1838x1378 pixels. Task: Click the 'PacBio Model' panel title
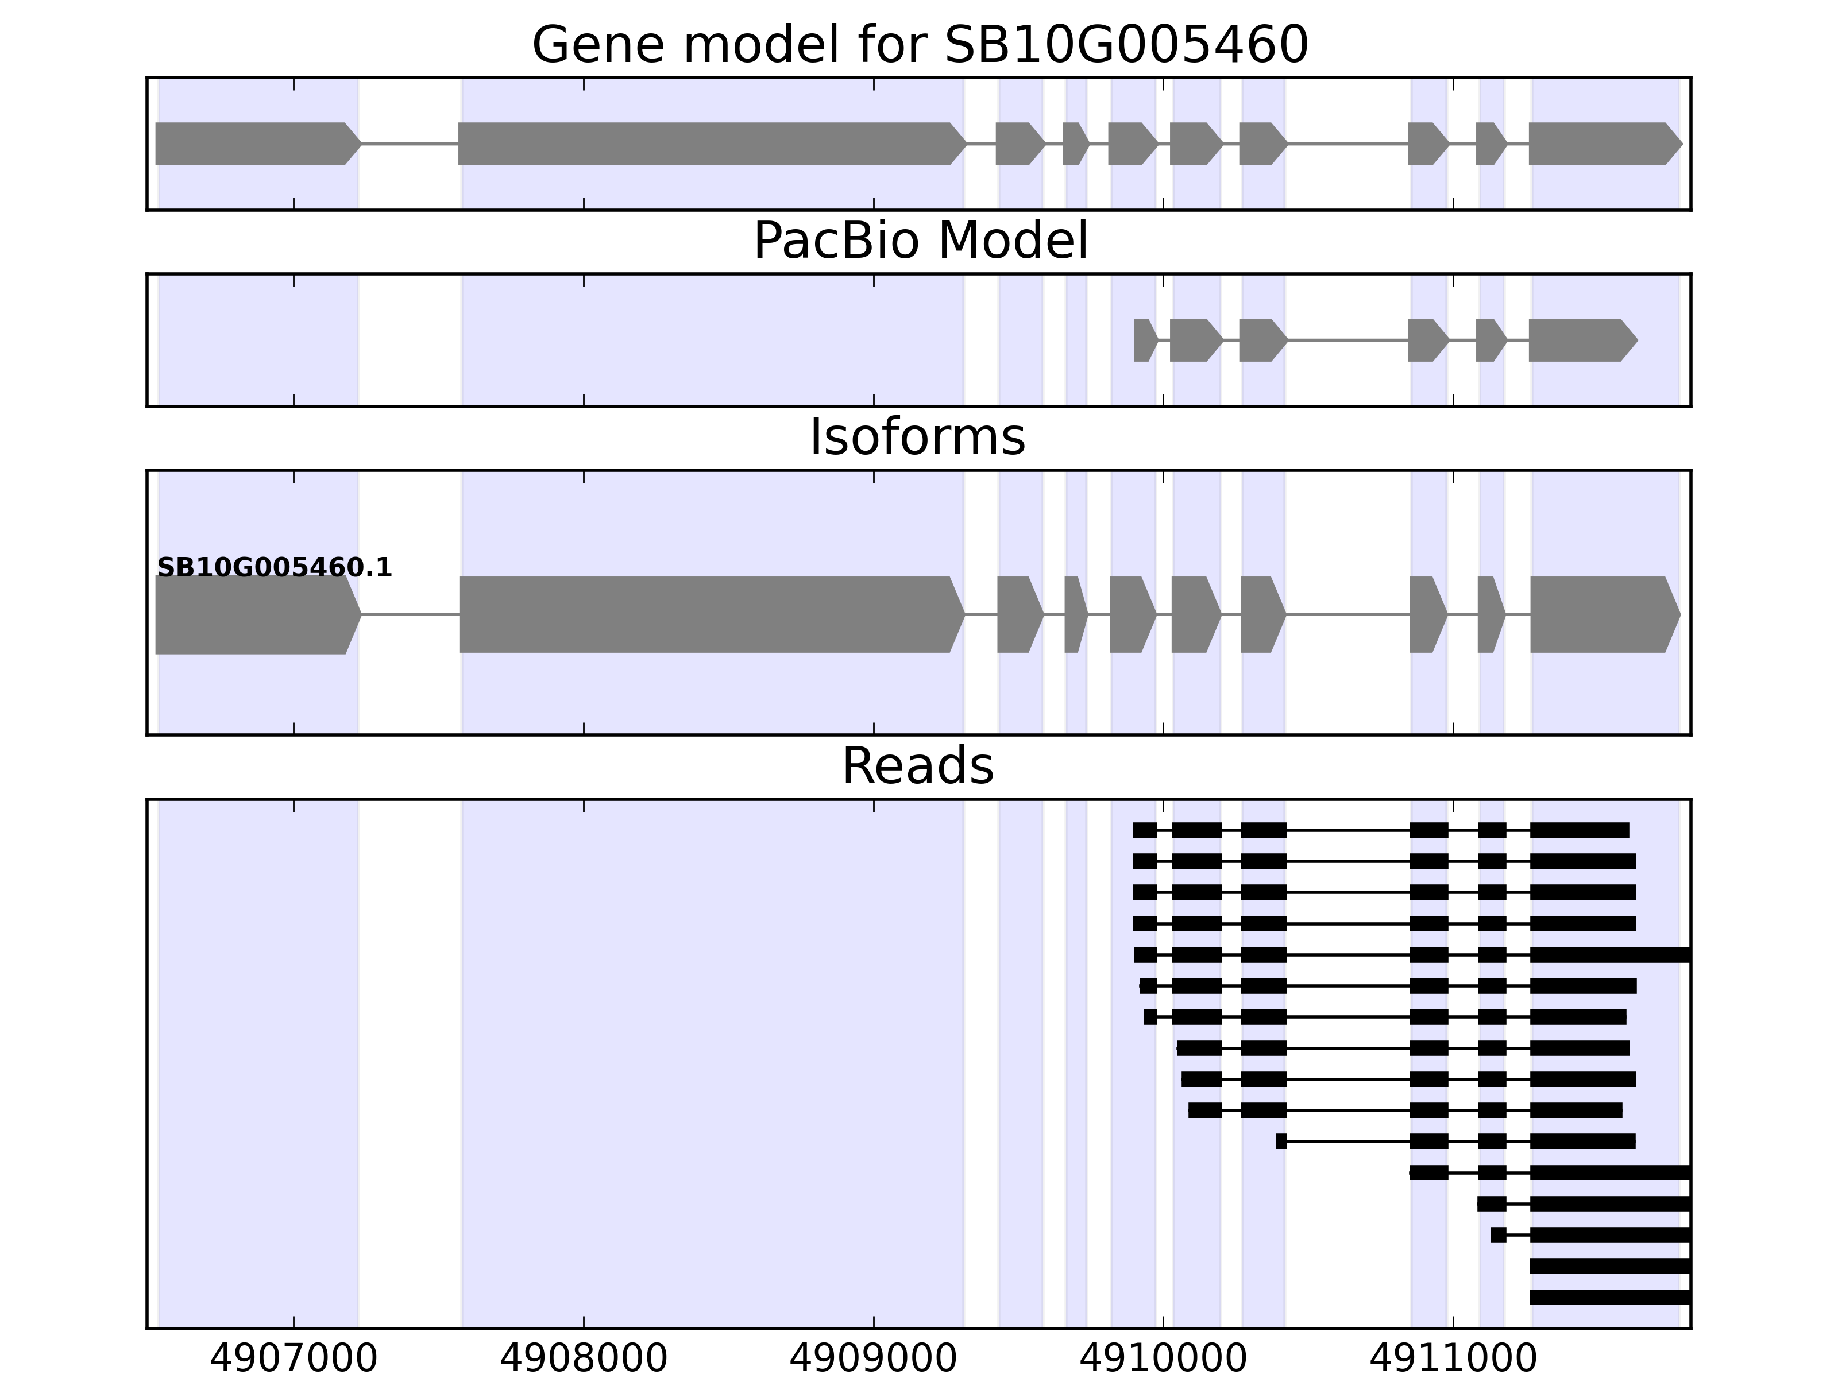point(920,241)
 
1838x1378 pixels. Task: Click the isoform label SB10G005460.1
point(274,568)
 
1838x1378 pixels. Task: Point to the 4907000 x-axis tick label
point(294,1359)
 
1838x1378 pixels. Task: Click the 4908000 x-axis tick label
point(584,1359)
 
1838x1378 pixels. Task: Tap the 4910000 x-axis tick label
point(1163,1359)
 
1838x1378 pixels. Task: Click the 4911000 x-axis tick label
point(1453,1359)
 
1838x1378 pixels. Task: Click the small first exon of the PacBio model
point(1144,340)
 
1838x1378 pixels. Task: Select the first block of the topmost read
point(1144,830)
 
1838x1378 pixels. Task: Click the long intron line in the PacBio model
point(1347,340)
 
